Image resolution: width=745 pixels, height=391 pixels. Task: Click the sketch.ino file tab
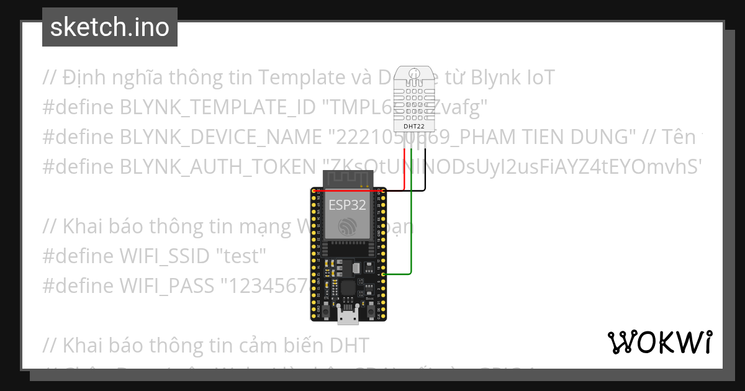[110, 27]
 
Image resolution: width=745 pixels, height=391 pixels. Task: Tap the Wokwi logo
[659, 342]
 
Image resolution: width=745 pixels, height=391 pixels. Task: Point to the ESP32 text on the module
[348, 205]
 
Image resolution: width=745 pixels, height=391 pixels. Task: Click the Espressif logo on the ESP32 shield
[348, 228]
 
